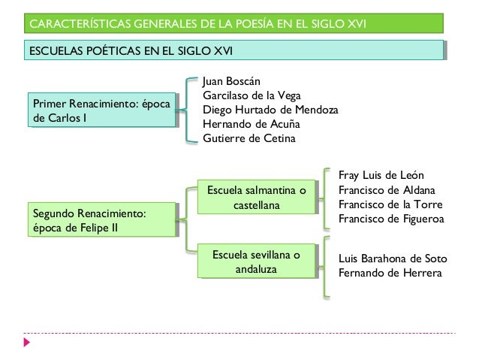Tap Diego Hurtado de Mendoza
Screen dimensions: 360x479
pos(271,110)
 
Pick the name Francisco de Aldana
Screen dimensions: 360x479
pos(387,190)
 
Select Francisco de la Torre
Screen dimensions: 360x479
pos(391,204)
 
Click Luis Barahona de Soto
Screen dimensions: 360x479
pos(393,259)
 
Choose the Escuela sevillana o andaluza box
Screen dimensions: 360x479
pos(257,262)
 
